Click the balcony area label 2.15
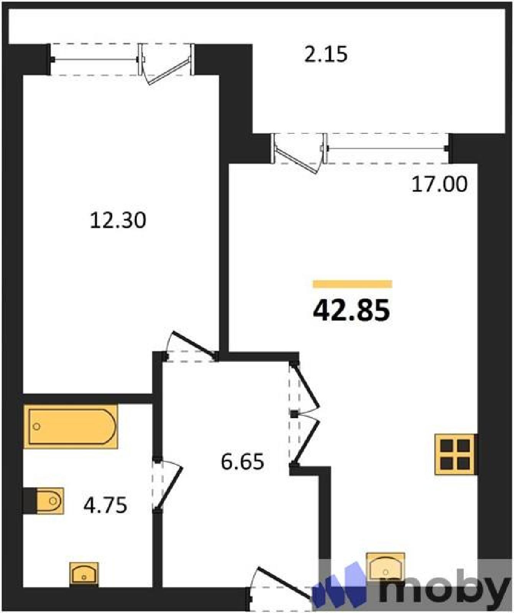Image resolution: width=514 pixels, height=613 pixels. click(326, 54)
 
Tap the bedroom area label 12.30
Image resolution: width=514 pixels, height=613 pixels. click(118, 221)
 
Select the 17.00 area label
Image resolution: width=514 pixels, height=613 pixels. click(440, 184)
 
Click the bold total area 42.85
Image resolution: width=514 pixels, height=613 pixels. click(351, 310)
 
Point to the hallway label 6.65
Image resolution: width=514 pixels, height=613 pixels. click(243, 461)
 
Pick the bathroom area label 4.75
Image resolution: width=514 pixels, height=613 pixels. click(105, 505)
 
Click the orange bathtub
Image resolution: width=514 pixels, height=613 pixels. click(71, 426)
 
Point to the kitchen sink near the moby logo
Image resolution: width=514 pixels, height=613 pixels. click(386, 567)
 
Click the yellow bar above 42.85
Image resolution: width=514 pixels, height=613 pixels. click(352, 284)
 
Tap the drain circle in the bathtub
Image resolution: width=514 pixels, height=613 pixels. click(37, 426)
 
